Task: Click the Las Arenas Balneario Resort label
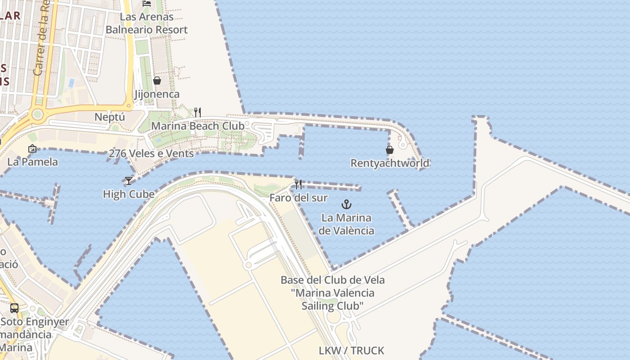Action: [x=146, y=23]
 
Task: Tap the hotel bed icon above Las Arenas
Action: [x=147, y=3]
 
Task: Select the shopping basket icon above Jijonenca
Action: [x=157, y=81]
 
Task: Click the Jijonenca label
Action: [x=157, y=94]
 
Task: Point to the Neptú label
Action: [x=109, y=117]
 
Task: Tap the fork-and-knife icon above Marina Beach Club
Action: [x=198, y=112]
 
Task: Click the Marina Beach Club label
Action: [x=198, y=126]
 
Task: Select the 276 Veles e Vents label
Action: [x=151, y=153]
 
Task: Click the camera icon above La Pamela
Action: [x=32, y=148]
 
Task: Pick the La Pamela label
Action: [x=32, y=162]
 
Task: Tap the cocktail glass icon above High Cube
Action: [x=129, y=181]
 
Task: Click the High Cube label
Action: [x=129, y=194]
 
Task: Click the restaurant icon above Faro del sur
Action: [x=298, y=184]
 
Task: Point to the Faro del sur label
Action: [x=298, y=198]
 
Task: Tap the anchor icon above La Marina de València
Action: [x=346, y=205]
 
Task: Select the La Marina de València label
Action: [x=346, y=224]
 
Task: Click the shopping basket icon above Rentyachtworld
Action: [x=390, y=150]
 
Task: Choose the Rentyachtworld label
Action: [x=390, y=163]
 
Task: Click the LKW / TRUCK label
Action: [x=351, y=351]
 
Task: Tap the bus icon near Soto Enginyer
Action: [x=14, y=308]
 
